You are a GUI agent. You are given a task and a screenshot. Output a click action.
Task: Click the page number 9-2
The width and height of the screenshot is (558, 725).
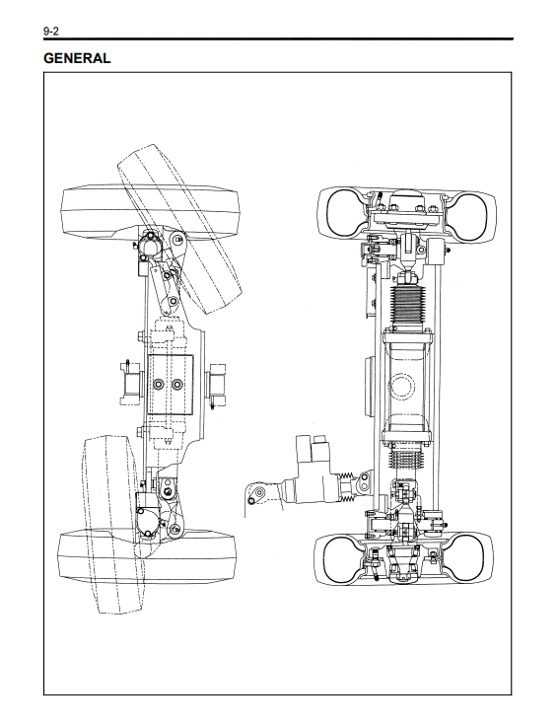click(x=51, y=31)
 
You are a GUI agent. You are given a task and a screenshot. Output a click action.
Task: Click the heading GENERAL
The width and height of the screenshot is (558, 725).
click(x=77, y=58)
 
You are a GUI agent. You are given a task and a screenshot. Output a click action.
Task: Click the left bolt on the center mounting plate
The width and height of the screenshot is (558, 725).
click(x=160, y=385)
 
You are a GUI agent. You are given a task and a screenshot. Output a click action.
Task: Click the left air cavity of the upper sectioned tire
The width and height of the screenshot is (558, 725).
click(x=344, y=215)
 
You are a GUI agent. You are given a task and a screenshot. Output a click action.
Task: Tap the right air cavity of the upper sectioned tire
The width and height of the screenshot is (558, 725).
click(x=469, y=216)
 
